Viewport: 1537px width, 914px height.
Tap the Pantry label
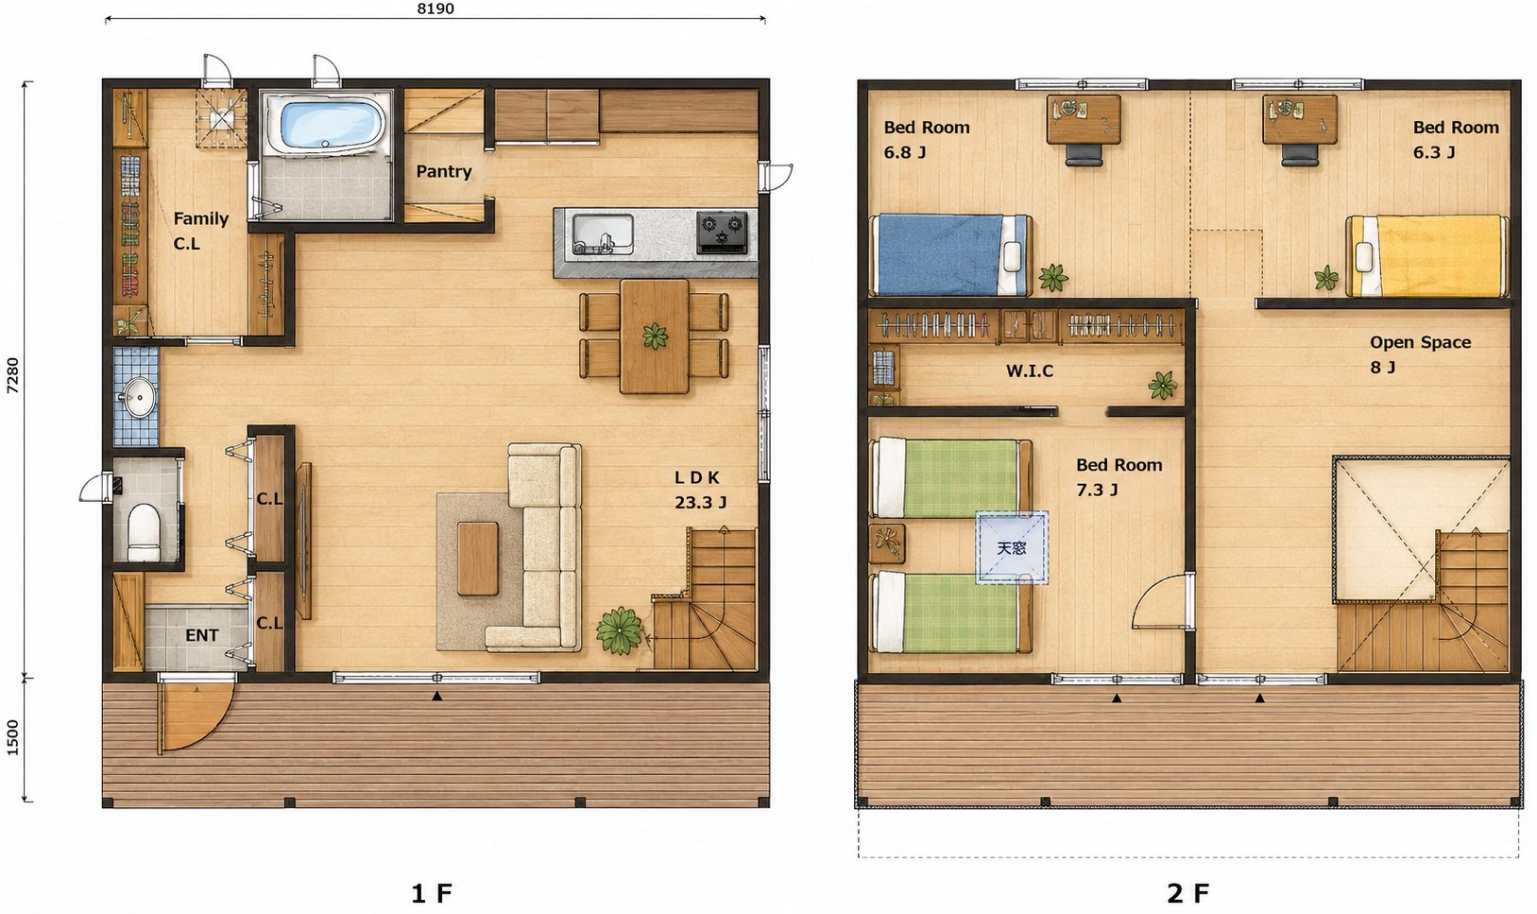[444, 172]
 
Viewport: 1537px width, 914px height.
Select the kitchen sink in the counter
[603, 234]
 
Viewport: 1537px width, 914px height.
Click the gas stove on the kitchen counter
[722, 233]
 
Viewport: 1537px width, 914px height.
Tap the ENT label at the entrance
[202, 636]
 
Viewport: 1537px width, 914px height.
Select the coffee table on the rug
[478, 559]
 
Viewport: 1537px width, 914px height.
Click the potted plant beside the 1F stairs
[620, 630]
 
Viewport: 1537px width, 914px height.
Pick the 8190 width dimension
[435, 9]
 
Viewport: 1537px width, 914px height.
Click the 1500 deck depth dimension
[12, 738]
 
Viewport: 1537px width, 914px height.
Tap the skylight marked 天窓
[1012, 548]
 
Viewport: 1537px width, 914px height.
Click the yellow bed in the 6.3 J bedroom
[1427, 256]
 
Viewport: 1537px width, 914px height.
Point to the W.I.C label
[1030, 371]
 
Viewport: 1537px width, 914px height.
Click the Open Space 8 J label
[1421, 355]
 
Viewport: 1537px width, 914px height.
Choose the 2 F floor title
[1187, 893]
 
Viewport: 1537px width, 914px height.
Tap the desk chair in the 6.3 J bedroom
[1300, 154]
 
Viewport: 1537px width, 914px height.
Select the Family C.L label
[200, 231]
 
